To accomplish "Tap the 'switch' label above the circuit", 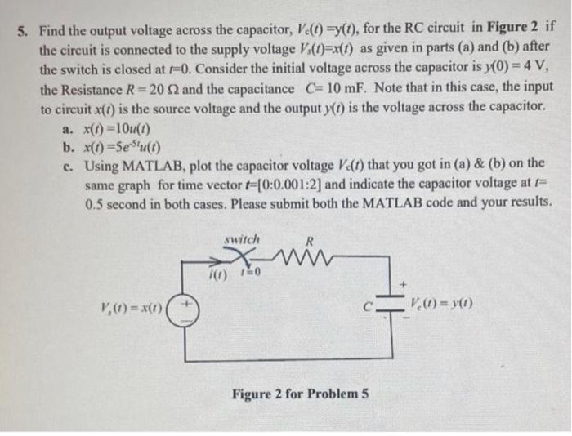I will [241, 239].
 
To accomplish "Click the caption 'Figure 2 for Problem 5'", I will [301, 394].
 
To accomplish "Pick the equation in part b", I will [123, 147].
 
